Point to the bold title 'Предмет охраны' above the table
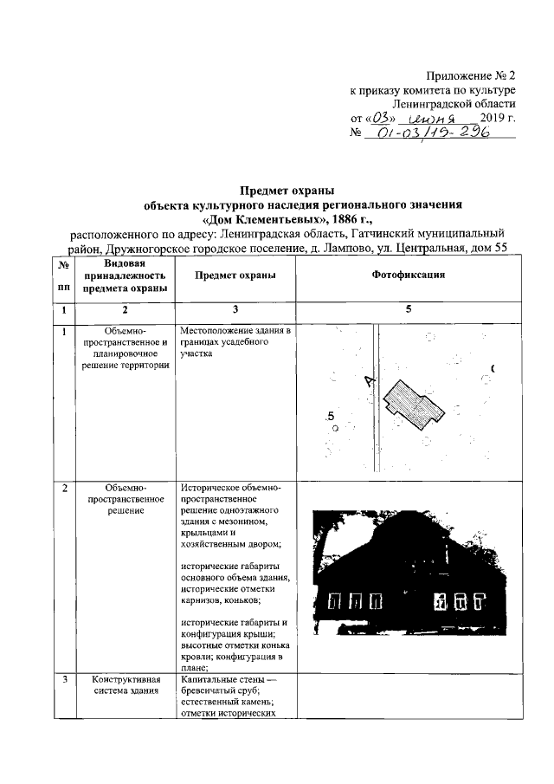tap(287, 190)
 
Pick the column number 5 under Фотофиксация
tap(408, 309)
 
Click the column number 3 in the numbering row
tap(235, 309)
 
